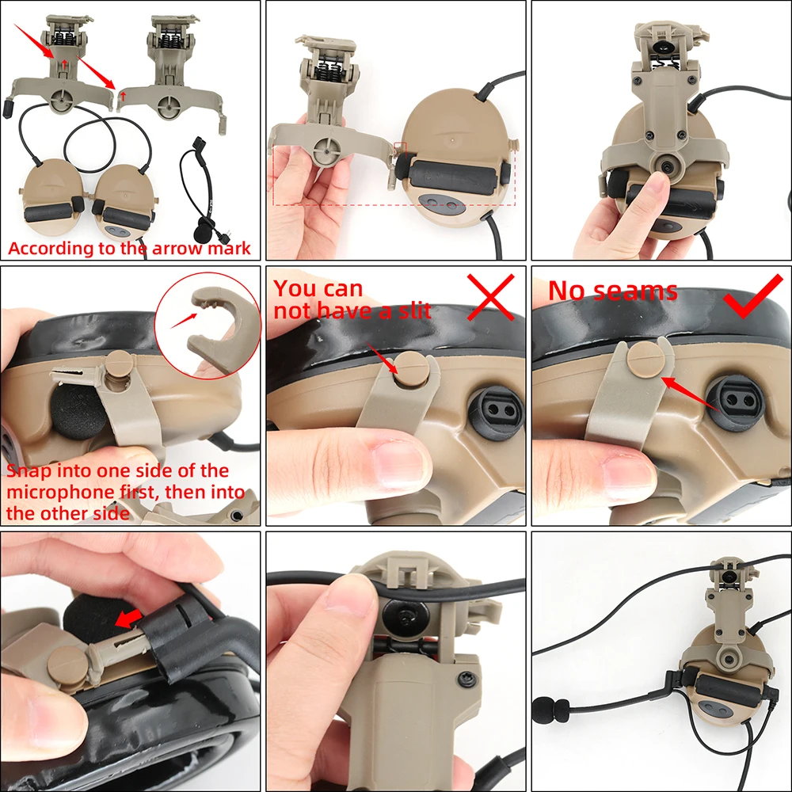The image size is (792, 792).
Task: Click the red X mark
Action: pyautogui.click(x=491, y=297)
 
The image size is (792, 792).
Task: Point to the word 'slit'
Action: pyautogui.click(x=412, y=310)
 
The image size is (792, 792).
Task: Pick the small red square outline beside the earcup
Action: pyautogui.click(x=399, y=149)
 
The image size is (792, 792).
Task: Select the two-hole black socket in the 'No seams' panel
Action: pyautogui.click(x=735, y=402)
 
